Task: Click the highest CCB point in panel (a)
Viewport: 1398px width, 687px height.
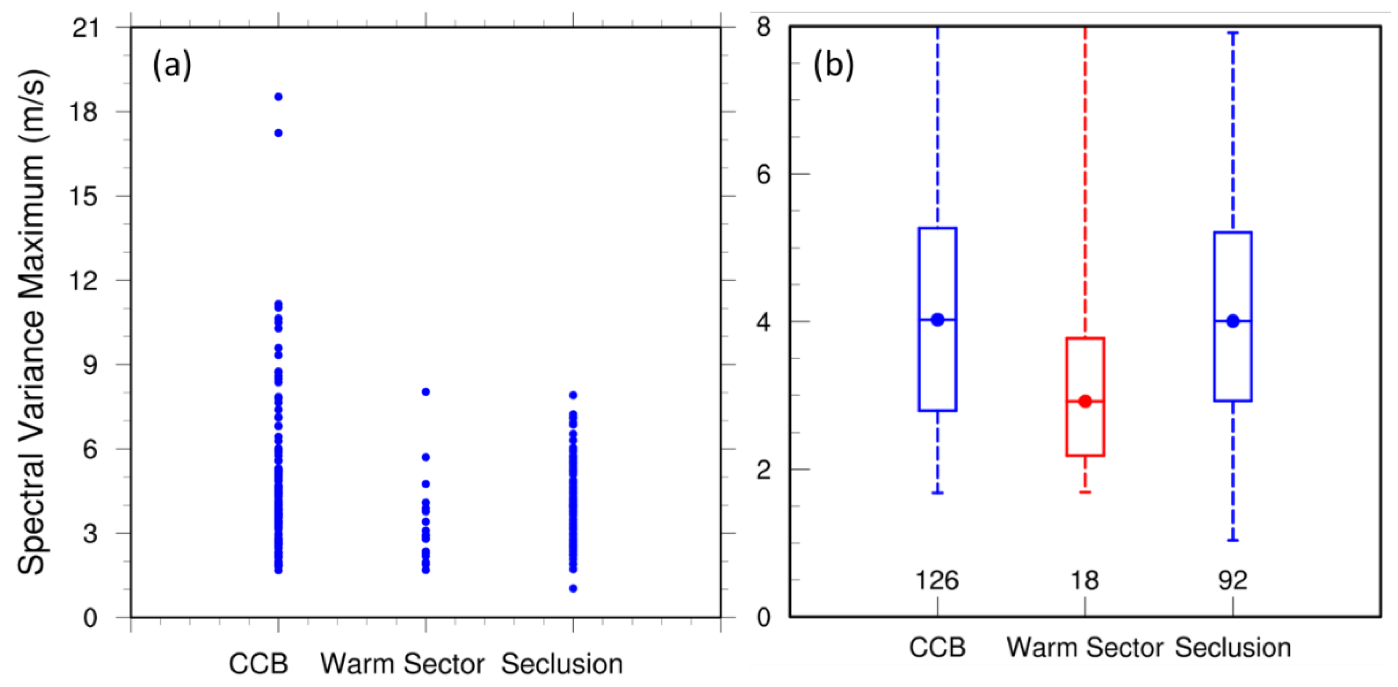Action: pos(279,97)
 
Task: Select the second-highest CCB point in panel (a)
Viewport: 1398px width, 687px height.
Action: pos(279,133)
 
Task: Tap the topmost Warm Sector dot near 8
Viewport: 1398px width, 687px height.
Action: pos(426,392)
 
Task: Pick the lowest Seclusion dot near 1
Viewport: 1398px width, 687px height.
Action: pos(573,588)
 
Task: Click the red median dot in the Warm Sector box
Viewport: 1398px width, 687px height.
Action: pos(1085,402)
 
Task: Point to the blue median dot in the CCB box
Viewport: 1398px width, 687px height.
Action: pos(937,320)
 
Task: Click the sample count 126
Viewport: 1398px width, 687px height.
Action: pos(937,581)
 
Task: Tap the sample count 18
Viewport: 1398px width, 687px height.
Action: pos(1084,581)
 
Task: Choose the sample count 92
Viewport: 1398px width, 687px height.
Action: pos(1233,581)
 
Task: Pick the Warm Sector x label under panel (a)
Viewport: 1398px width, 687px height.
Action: pos(402,664)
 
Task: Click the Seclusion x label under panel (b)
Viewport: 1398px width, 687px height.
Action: pos(1233,648)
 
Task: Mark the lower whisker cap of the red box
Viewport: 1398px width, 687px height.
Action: pos(1085,492)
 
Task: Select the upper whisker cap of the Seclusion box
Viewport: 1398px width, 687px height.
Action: pos(1233,33)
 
